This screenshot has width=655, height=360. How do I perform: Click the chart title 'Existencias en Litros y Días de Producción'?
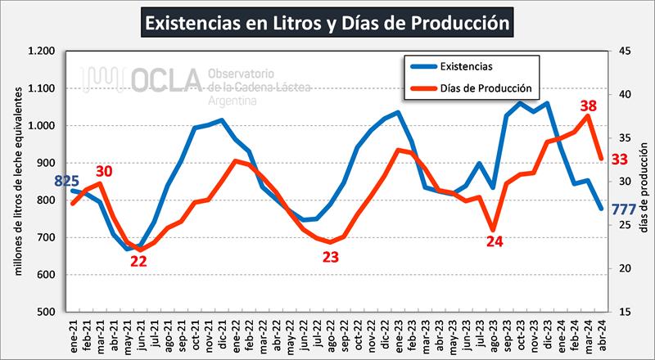point(327,22)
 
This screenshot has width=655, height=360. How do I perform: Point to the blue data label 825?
point(67,180)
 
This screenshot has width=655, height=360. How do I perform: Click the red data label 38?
point(588,106)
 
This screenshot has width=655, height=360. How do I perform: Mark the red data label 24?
point(494,241)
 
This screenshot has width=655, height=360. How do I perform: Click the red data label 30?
point(103,171)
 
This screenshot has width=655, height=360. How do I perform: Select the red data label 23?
point(331,256)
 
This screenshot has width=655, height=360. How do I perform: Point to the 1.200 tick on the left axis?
point(41,52)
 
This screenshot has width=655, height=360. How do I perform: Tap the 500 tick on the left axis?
point(46,312)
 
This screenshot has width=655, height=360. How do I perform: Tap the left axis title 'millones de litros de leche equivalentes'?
point(17,181)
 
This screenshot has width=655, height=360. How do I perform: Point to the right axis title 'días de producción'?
point(643,182)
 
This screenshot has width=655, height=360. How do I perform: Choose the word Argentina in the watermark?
point(233,100)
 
